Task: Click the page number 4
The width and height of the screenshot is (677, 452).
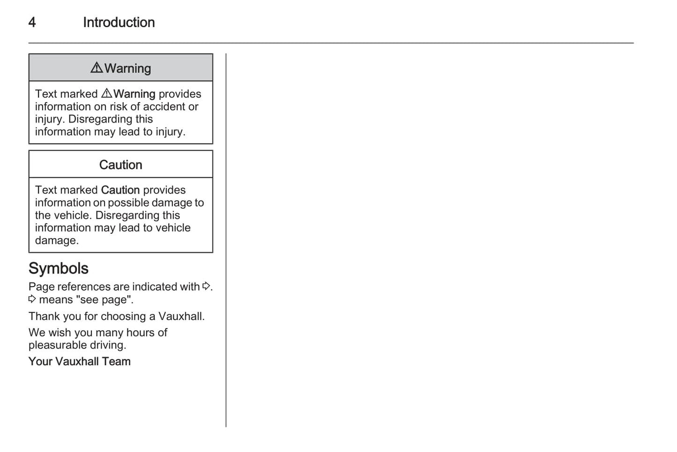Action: (32, 22)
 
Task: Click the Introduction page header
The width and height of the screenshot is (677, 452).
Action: (119, 22)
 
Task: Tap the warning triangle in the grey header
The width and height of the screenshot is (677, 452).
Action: (97, 68)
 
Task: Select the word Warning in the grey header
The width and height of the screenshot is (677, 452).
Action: (128, 68)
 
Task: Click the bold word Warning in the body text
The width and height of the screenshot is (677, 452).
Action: (134, 94)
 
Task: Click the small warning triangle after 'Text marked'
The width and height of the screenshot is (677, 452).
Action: (106, 93)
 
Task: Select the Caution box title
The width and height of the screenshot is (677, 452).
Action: (120, 165)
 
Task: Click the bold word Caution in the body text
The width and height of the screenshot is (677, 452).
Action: (120, 190)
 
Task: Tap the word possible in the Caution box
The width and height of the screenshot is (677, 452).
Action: (126, 203)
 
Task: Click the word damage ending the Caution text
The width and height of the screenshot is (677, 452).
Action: (56, 240)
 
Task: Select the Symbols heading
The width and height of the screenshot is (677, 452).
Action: (59, 268)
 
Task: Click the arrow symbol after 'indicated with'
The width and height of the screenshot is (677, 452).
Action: (206, 286)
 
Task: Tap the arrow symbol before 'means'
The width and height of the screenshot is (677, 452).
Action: (32, 299)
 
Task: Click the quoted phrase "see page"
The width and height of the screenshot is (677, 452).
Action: (104, 299)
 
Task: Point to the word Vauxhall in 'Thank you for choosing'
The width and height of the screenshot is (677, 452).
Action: (181, 316)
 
